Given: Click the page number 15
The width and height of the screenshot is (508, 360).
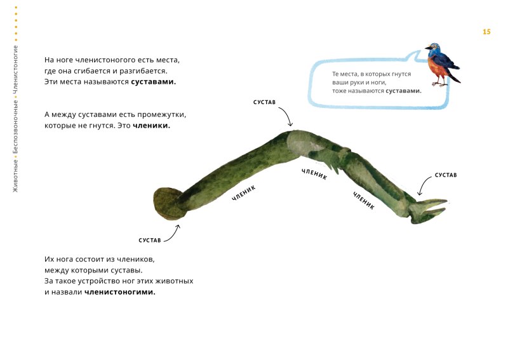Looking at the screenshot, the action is click(486, 32).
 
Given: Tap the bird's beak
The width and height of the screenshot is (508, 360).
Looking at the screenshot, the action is click(427, 48).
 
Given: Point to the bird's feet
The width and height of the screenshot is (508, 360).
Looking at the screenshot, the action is click(439, 84).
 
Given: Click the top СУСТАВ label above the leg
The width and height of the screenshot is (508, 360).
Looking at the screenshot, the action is click(264, 102).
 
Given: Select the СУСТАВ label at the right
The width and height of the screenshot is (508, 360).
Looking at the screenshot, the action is click(446, 175).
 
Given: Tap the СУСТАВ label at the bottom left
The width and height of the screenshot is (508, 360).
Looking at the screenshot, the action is click(150, 241).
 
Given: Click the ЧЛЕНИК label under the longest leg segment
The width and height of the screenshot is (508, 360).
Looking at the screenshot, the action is click(244, 193).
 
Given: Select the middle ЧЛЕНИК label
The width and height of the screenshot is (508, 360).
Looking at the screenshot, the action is click(314, 174).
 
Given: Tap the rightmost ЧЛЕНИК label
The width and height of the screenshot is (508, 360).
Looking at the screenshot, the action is click(364, 201).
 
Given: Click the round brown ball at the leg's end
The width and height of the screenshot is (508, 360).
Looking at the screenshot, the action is click(168, 204).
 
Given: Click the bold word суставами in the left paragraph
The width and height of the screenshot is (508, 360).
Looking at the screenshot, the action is click(153, 82).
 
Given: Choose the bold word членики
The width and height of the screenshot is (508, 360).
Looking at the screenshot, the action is click(151, 126).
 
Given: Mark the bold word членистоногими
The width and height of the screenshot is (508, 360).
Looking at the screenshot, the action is click(120, 292).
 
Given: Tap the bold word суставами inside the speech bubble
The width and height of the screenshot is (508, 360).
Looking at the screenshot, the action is click(403, 91).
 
